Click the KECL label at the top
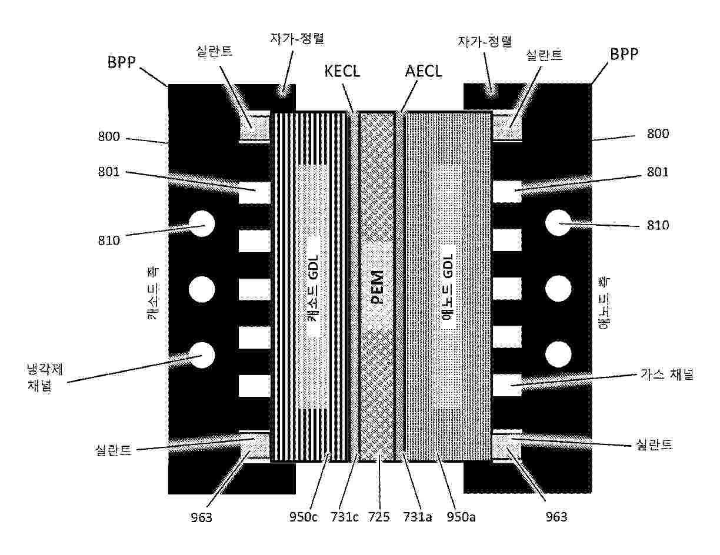coord(342,71)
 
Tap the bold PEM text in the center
coord(377,287)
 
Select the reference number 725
coord(378,517)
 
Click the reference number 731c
coord(342,517)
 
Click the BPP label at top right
coord(624,54)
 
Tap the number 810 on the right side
coord(658,225)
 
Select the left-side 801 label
coord(110,173)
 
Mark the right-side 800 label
coord(658,134)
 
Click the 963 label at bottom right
coord(556,517)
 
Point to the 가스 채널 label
coord(666,375)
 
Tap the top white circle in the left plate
coord(202,223)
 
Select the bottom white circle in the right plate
coord(558,355)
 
